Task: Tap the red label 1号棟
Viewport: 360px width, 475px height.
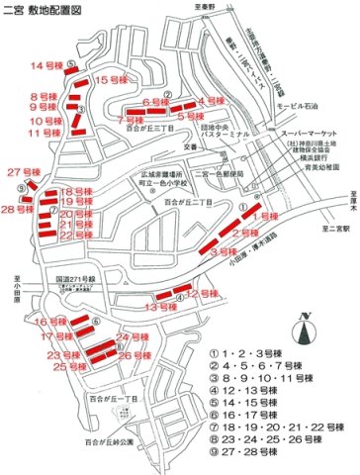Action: pos(268,215)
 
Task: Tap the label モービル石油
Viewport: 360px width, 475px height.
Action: pos(297,105)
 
